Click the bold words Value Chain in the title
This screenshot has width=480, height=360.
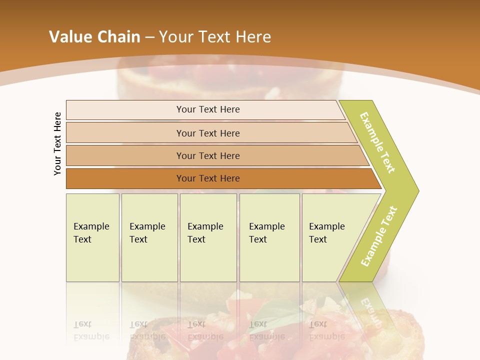point(94,37)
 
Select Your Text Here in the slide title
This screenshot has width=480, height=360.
point(215,37)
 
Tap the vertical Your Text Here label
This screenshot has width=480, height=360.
point(58,143)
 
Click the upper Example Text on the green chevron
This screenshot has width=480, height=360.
point(377,142)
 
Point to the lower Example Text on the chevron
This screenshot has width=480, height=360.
point(378,236)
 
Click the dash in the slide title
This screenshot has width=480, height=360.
point(149,37)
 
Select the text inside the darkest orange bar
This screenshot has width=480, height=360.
point(208,178)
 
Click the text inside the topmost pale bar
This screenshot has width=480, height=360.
point(208,109)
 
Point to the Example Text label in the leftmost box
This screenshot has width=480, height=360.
point(91,233)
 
